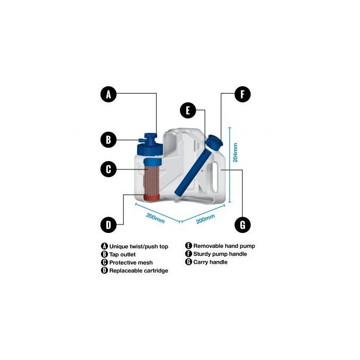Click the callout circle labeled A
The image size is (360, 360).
click(108, 95)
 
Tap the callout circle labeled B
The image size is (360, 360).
click(108, 140)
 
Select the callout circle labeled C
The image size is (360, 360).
click(108, 169)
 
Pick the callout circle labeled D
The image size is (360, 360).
click(108, 225)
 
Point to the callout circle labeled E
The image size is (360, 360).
click(187, 111)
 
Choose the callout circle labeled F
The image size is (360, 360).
click(242, 95)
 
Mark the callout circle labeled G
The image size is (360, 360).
click(242, 225)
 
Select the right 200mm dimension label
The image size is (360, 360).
click(205, 217)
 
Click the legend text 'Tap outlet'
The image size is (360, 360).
click(124, 254)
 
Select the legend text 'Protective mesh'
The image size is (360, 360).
click(130, 262)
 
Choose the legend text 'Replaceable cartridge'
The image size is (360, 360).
click(138, 271)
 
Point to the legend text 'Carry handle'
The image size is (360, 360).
click(210, 262)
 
